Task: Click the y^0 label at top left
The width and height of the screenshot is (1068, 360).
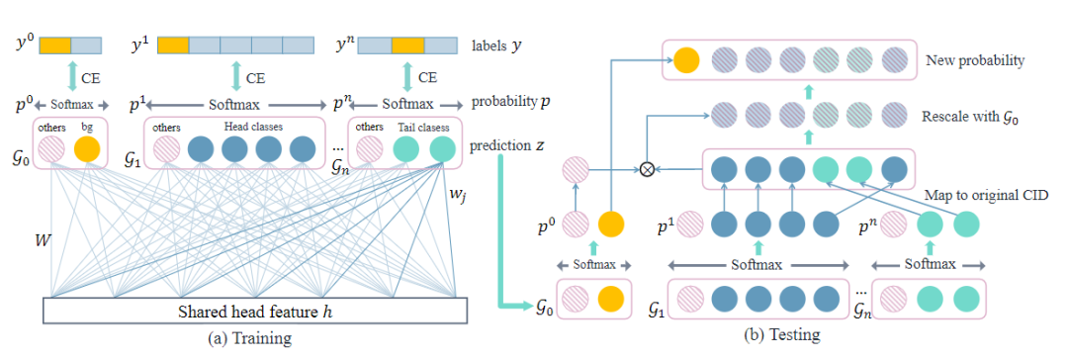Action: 22,45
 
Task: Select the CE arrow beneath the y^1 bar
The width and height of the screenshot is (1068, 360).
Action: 234,74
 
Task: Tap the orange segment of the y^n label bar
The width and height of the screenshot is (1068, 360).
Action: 407,45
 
